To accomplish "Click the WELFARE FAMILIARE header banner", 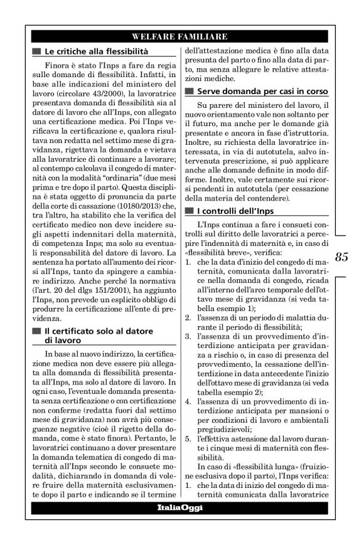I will pyautogui.click(x=180, y=36).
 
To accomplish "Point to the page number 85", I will pyautogui.click(x=341, y=257).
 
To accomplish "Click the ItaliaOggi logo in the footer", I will pyautogui.click(x=180, y=507).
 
